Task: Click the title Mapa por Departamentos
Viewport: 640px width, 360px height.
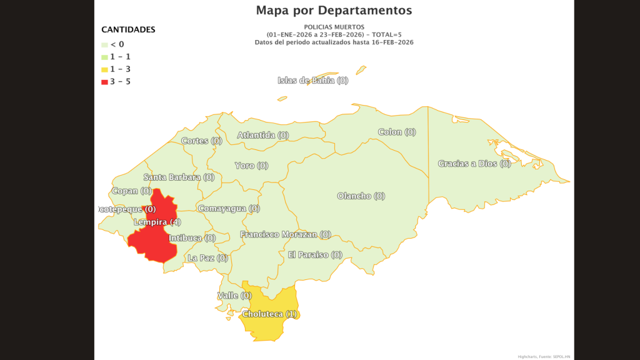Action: coord(334,11)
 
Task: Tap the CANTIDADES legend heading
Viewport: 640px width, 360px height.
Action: coord(128,29)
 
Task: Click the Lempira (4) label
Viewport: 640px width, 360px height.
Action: coord(157,222)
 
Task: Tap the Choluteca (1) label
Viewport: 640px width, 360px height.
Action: coord(269,314)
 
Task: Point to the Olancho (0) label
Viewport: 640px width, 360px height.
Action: coord(361,196)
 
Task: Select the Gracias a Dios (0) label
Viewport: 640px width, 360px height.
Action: coord(474,164)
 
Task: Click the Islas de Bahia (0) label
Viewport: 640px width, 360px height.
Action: coord(312,80)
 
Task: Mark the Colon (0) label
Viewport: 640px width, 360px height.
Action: coord(397,132)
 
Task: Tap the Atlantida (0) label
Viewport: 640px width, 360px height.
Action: coord(263,135)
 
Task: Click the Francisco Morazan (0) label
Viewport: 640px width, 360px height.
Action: coord(286,234)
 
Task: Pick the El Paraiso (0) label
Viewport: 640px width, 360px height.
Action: coord(315,254)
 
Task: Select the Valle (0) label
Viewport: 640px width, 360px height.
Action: coord(234,295)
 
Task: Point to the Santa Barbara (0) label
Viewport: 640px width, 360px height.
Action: coord(179,177)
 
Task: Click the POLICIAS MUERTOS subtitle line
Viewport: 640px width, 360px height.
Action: coord(334,27)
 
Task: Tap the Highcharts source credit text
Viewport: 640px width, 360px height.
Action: coord(544,356)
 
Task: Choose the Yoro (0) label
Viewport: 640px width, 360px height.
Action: coord(251,166)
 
